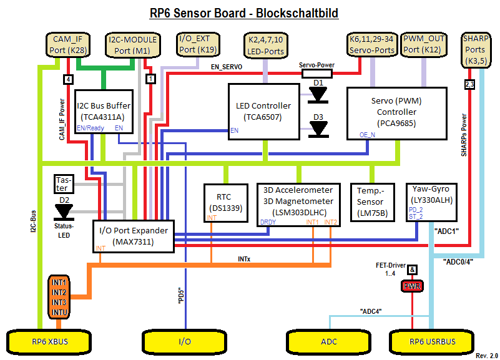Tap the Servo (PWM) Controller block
pyautogui.click(x=396, y=112)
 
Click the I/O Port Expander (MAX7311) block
pyautogui.click(x=133, y=236)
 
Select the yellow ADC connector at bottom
pyautogui.click(x=328, y=341)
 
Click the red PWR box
pyautogui.click(x=413, y=286)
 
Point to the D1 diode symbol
pyautogui.click(x=319, y=94)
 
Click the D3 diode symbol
pyautogui.click(x=319, y=129)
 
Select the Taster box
pyautogui.click(x=64, y=183)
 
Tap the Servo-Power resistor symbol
pyautogui.click(x=316, y=74)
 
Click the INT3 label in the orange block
pyautogui.click(x=60, y=302)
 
